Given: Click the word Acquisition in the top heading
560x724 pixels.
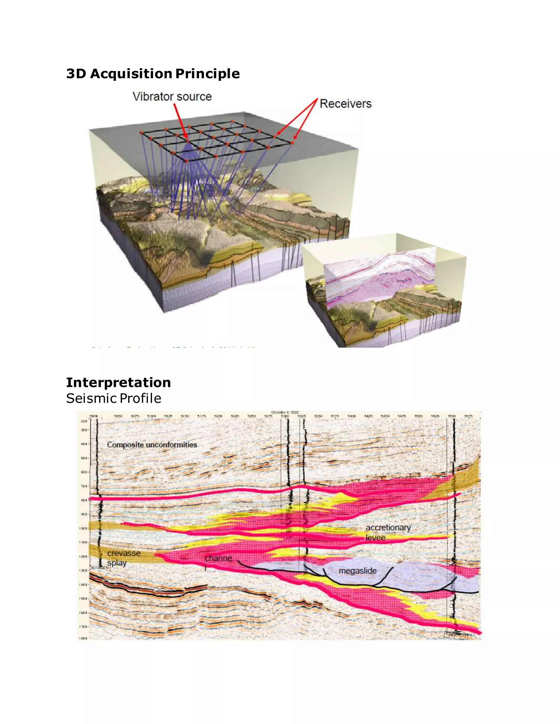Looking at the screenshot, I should (131, 73).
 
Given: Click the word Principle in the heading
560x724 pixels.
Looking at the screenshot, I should (207, 73).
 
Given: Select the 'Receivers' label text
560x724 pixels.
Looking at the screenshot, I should (345, 104).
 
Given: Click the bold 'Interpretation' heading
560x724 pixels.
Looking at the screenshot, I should (118, 382).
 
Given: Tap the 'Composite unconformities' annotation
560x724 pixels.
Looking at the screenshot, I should (152, 445).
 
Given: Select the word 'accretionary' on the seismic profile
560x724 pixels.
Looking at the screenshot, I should (388, 527).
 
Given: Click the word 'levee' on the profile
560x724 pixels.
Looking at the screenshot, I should (375, 537).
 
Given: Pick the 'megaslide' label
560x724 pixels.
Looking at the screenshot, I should (358, 571).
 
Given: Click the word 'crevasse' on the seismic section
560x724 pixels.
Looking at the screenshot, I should (124, 553).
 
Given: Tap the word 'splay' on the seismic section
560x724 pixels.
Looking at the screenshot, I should (117, 563).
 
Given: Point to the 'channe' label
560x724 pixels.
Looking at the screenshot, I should (218, 558).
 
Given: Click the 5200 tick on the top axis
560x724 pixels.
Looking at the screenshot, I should (218, 416).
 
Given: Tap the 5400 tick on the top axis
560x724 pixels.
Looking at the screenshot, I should (352, 416).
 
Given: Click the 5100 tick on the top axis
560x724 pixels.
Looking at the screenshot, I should (151, 416).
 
